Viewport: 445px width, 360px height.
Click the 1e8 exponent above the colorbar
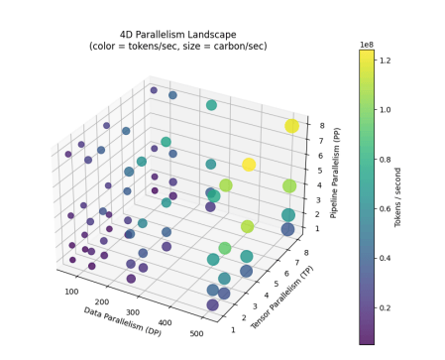click(366, 43)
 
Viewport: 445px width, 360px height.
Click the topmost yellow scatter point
click(291, 126)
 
